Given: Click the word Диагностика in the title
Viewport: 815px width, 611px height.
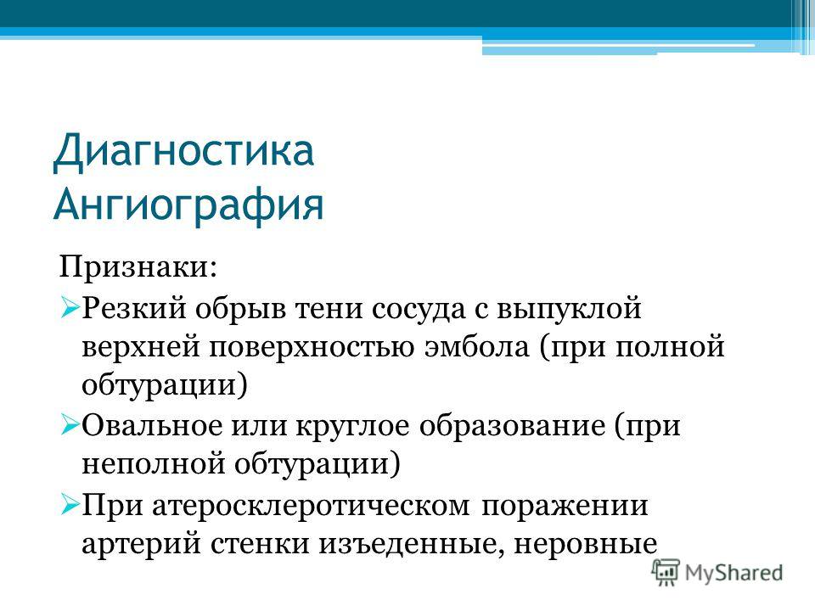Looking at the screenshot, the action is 183,151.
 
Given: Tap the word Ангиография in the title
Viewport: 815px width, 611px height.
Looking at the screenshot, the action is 188,205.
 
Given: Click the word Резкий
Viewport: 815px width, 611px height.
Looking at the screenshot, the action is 134,309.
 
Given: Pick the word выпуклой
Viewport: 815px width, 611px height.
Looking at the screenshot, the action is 570,309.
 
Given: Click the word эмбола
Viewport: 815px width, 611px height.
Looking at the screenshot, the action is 476,346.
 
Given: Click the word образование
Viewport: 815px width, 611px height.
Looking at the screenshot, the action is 513,426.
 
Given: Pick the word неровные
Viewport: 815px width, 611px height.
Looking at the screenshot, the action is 586,544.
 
